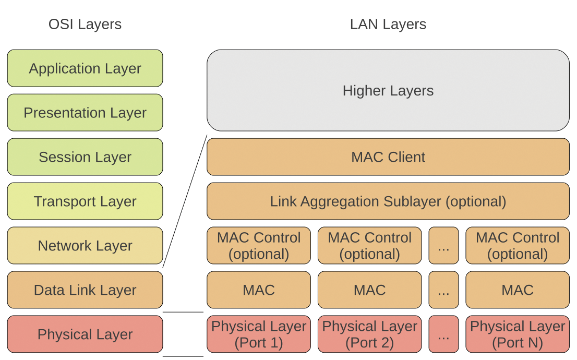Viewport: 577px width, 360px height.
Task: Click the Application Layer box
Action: click(85, 68)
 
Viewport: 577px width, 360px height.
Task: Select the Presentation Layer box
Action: click(85, 113)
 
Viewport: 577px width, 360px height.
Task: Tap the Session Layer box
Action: click(85, 157)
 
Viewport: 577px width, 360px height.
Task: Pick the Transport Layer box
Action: click(85, 201)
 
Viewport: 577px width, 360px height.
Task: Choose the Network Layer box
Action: click(85, 246)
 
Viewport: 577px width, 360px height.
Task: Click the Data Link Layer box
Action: click(85, 290)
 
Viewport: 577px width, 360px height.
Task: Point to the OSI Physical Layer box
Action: click(85, 334)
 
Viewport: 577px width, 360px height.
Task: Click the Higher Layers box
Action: click(388, 90)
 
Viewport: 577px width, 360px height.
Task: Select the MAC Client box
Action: click(388, 157)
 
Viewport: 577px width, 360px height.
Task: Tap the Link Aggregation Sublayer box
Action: click(388, 201)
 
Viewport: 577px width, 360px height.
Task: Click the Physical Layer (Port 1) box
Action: click(259, 334)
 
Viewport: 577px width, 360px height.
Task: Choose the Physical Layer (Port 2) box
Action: click(369, 334)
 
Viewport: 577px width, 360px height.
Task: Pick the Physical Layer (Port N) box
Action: click(517, 334)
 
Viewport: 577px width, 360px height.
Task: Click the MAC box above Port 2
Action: click(369, 290)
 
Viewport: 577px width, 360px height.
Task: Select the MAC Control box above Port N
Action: click(517, 246)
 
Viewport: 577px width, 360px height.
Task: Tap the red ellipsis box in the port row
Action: click(443, 334)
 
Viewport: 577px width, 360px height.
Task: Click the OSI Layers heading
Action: click(85, 25)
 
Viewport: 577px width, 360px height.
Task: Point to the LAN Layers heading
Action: click(388, 25)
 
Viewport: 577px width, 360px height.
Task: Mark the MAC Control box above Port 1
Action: click(259, 246)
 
